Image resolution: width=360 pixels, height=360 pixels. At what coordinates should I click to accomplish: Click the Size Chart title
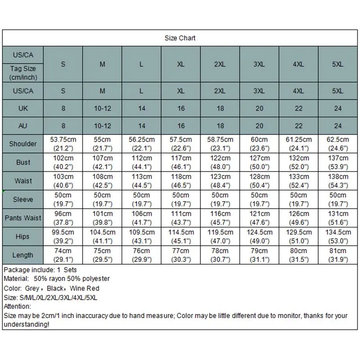(x=180, y=38)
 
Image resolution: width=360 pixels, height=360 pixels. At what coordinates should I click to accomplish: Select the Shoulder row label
(x=23, y=144)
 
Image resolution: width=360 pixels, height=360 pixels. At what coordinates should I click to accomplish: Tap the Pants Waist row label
(x=23, y=218)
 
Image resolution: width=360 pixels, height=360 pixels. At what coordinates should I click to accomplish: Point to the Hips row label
(x=23, y=236)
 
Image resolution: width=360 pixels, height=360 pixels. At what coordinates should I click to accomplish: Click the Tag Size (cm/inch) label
(x=23, y=73)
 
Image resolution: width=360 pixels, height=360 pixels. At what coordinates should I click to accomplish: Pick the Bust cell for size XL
(x=181, y=162)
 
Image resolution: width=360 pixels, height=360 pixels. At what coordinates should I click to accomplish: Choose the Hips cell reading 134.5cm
(x=338, y=236)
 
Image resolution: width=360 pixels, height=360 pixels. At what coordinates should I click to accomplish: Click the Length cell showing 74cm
(x=63, y=255)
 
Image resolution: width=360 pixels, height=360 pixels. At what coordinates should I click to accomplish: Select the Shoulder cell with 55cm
(x=103, y=144)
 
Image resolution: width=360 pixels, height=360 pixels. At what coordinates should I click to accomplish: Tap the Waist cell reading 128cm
(x=259, y=181)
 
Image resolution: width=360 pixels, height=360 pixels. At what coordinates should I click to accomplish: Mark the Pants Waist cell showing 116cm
(x=220, y=218)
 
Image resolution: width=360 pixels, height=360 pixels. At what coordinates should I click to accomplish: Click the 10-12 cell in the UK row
(x=103, y=108)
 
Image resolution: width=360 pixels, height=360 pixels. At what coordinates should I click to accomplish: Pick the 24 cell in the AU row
(x=338, y=126)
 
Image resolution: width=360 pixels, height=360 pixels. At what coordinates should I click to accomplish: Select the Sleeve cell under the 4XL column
(x=299, y=199)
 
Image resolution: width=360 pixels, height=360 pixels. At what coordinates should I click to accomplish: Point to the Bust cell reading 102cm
(x=63, y=162)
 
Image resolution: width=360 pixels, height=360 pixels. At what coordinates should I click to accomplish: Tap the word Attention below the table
(x=17, y=306)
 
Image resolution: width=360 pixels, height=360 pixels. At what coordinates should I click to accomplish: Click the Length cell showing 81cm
(x=338, y=255)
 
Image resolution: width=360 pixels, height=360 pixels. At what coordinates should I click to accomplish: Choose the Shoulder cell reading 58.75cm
(x=220, y=144)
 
